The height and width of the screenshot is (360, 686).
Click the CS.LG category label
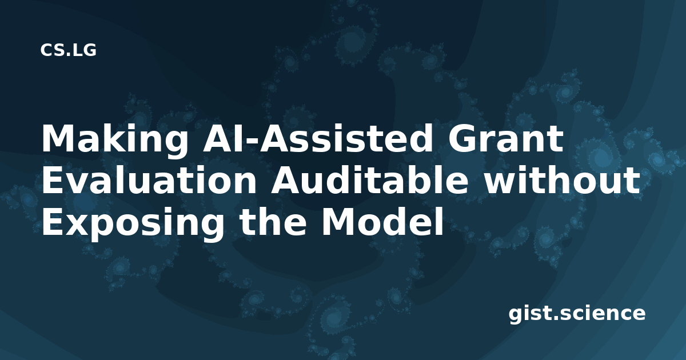pos(68,50)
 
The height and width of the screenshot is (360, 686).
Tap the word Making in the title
pos(114,140)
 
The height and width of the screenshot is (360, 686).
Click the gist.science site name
pos(577,314)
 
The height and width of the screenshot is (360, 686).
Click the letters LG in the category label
pos(85,50)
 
